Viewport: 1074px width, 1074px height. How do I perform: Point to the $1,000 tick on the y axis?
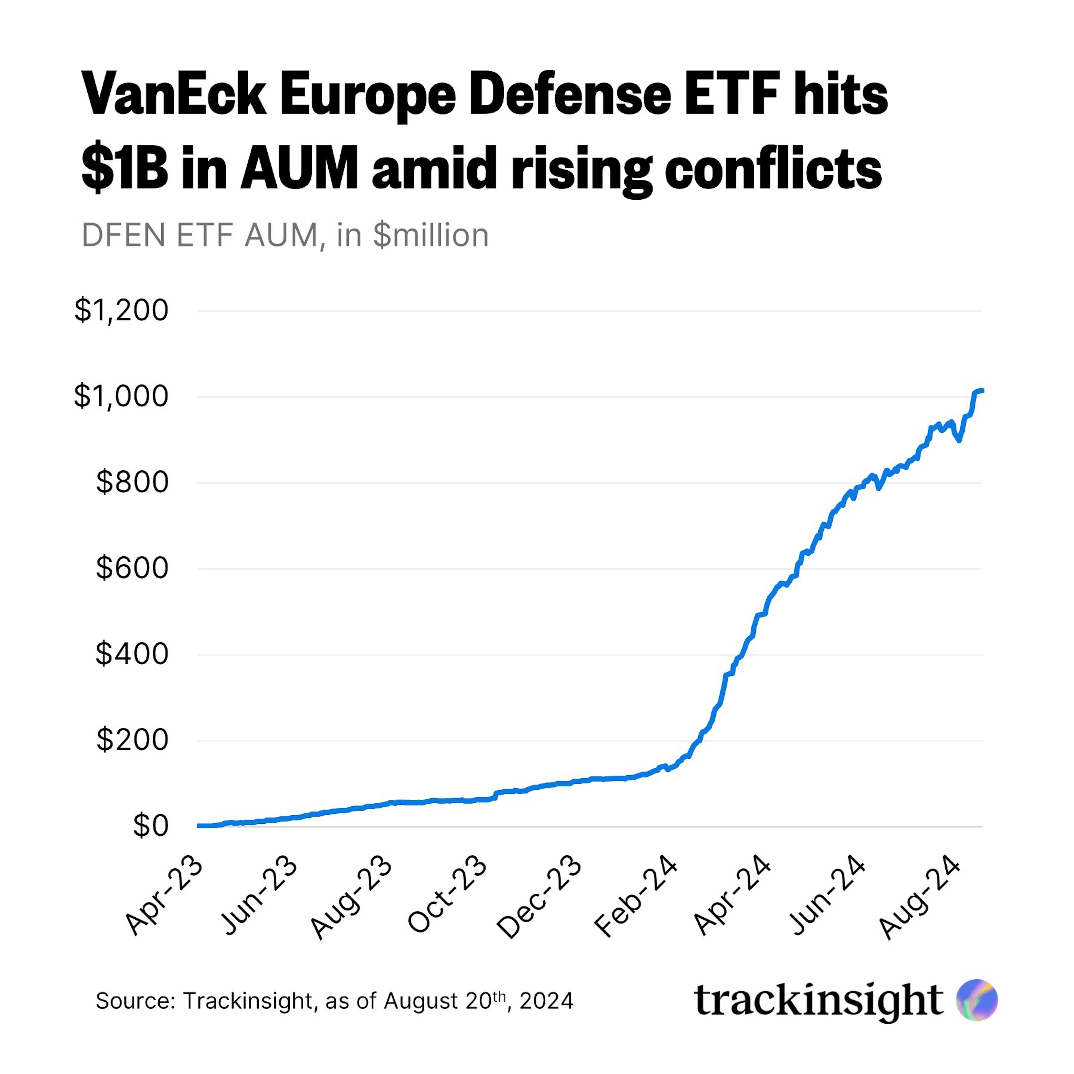[121, 396]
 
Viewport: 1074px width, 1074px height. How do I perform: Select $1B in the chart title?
[124, 168]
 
